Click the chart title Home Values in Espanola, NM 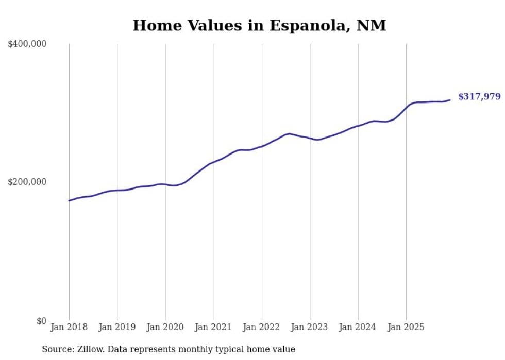(259, 25)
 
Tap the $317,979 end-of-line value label (479, 96)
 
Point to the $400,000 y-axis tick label (27, 44)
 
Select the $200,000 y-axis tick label (27, 182)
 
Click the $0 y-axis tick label (41, 321)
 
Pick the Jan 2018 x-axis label (69, 327)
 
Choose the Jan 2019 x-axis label (117, 327)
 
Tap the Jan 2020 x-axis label (165, 327)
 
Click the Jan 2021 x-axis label (213, 327)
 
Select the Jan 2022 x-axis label (262, 327)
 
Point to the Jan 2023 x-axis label (310, 327)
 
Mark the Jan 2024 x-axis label (358, 327)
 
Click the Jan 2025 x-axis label (406, 327)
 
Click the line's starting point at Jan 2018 (69, 200)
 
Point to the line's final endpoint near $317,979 (450, 100)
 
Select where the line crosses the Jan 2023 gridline (310, 138)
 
